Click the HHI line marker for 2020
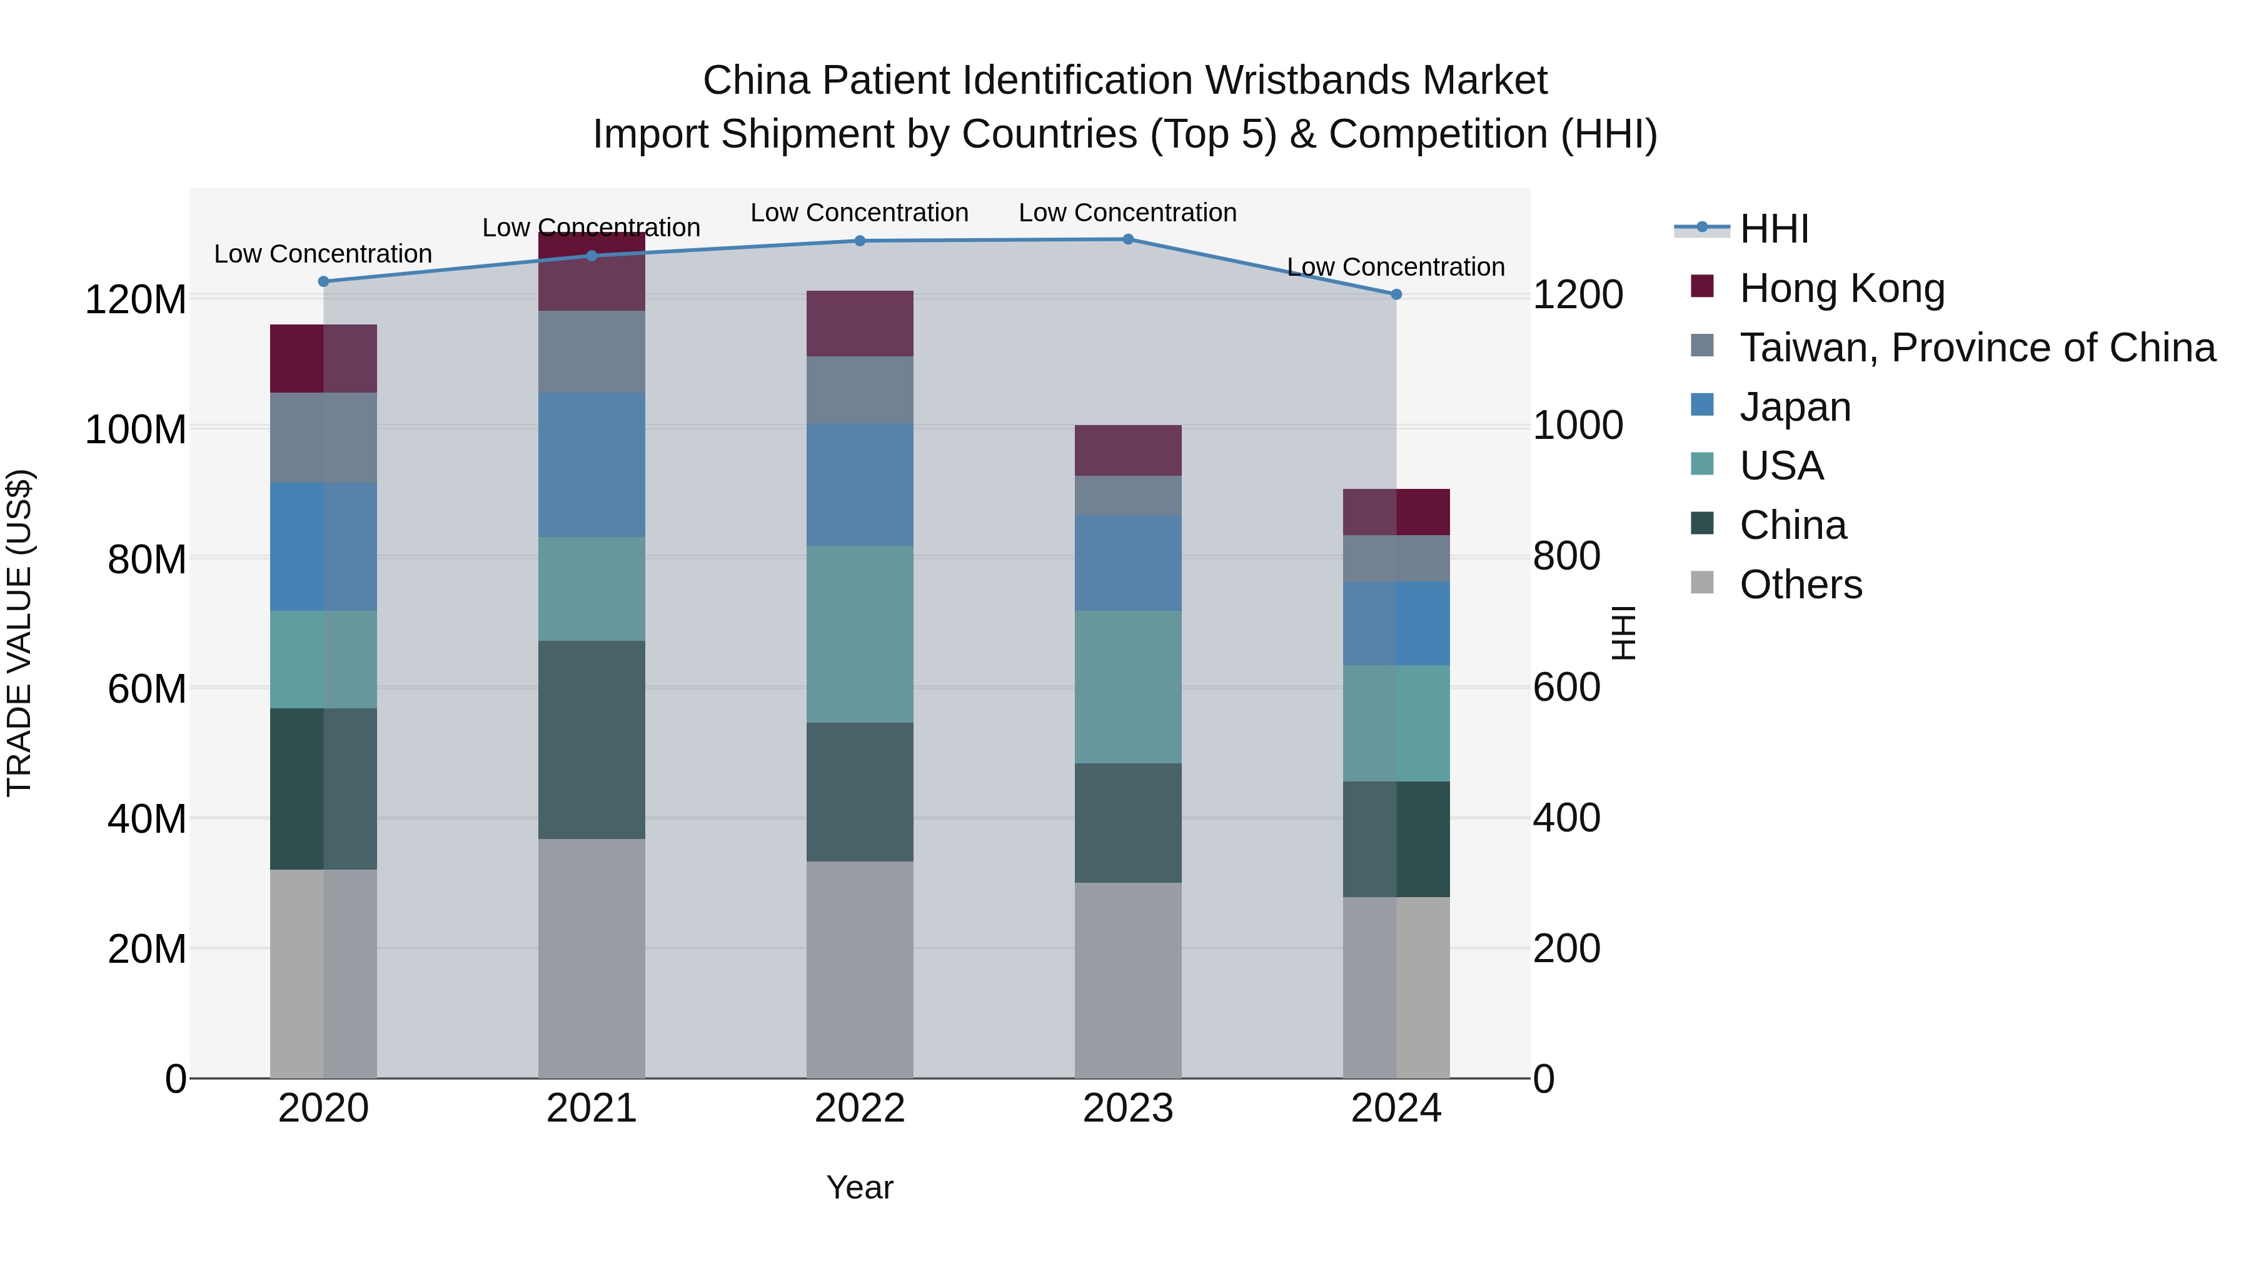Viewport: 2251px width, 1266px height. (x=323, y=281)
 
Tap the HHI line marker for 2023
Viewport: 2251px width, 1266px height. (x=1127, y=239)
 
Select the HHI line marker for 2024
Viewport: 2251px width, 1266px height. (x=1396, y=294)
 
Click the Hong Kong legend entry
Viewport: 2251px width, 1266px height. (x=1841, y=288)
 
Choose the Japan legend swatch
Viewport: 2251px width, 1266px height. (x=1702, y=405)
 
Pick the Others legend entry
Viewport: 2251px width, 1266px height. (x=1800, y=585)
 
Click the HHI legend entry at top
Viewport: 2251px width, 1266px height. (x=1774, y=229)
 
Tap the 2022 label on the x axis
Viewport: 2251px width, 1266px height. (x=859, y=1108)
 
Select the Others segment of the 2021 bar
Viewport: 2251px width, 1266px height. (x=592, y=958)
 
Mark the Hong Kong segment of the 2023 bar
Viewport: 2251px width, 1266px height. (x=1127, y=450)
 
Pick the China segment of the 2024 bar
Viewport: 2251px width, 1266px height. (x=1396, y=839)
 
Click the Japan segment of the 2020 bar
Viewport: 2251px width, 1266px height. (x=323, y=546)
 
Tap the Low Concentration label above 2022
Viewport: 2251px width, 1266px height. (x=859, y=213)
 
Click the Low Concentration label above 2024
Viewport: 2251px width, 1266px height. (x=1396, y=266)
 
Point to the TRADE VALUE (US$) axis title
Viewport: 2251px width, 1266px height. (x=19, y=633)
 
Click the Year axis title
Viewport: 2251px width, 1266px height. (x=859, y=1187)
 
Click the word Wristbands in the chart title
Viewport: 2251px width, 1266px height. (x=1306, y=81)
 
